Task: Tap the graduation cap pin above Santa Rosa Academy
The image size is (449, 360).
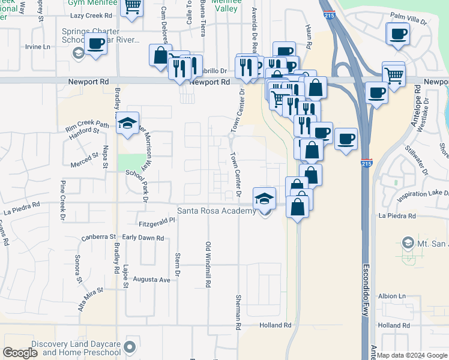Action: tap(265, 198)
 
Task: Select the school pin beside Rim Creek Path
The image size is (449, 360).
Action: tap(127, 123)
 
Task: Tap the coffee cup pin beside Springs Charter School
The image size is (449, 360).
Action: tap(96, 43)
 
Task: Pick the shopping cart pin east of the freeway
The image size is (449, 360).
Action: tap(393, 75)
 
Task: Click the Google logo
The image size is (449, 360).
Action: tap(20, 352)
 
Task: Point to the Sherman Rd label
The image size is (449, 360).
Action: tap(238, 313)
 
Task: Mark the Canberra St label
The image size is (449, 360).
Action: tap(98, 237)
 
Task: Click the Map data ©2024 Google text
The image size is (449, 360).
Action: tap(412, 355)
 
